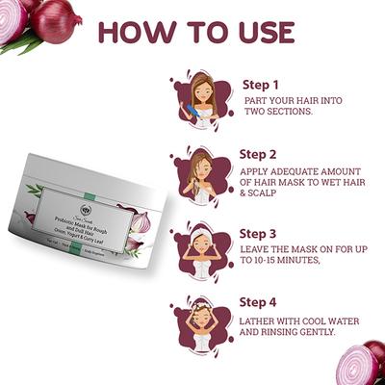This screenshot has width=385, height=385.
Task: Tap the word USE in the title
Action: point(259,30)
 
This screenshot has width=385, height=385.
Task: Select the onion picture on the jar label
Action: point(138,223)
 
